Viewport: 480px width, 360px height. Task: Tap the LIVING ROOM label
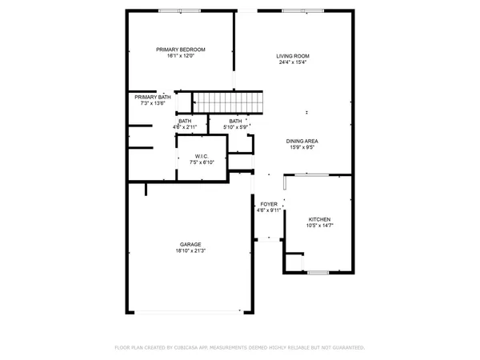(x=293, y=56)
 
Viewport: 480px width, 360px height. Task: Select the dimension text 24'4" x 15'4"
(x=293, y=62)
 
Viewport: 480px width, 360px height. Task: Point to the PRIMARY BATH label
(x=152, y=97)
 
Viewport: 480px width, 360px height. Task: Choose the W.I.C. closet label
(x=202, y=156)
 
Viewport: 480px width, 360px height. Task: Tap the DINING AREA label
(x=302, y=141)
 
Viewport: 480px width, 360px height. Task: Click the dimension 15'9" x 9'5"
(x=302, y=147)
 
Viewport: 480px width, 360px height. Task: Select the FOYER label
(x=270, y=204)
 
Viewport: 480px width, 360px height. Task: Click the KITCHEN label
(x=320, y=219)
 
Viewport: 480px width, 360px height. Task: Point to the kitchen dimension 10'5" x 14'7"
(x=320, y=226)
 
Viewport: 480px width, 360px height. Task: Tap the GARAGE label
(x=190, y=244)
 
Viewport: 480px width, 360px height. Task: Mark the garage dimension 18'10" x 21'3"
(x=190, y=250)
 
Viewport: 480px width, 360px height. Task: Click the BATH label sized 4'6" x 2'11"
(x=185, y=121)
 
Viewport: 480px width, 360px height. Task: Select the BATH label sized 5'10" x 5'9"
(x=235, y=121)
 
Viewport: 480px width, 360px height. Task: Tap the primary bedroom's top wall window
(x=179, y=10)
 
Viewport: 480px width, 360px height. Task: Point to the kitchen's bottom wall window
(x=318, y=273)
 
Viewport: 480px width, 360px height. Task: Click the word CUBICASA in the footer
(x=205, y=348)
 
